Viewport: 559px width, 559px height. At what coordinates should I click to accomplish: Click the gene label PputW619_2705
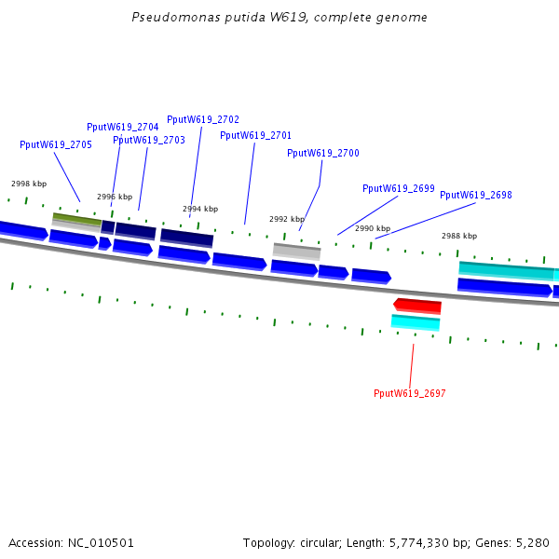pyautogui.click(x=56, y=144)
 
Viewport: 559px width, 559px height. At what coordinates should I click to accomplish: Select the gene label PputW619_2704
pyautogui.click(x=122, y=127)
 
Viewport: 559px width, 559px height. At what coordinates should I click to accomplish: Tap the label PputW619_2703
pyautogui.click(x=149, y=140)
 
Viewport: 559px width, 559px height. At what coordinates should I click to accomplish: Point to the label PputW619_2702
pyautogui.click(x=203, y=119)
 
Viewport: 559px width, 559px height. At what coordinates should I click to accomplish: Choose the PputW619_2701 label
pyautogui.click(x=255, y=135)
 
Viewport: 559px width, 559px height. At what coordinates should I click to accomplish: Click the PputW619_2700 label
pyautogui.click(x=322, y=153)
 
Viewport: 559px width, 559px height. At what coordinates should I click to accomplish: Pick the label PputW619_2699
pyautogui.click(x=398, y=188)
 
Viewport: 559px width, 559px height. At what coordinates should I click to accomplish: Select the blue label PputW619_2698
pyautogui.click(x=475, y=195)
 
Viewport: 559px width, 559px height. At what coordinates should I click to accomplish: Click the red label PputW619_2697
pyautogui.click(x=409, y=393)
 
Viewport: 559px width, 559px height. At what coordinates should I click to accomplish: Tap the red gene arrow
pyautogui.click(x=417, y=306)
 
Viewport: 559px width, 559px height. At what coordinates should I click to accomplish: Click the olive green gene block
pyautogui.click(x=76, y=220)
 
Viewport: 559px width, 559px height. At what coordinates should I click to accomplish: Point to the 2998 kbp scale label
pyautogui.click(x=29, y=184)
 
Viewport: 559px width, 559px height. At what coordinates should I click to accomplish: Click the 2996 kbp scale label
pyautogui.click(x=115, y=197)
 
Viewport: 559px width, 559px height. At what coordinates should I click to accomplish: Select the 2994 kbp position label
pyautogui.click(x=200, y=209)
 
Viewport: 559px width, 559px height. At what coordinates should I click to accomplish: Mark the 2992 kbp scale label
pyautogui.click(x=287, y=219)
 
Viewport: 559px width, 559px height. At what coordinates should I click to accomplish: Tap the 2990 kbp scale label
pyautogui.click(x=373, y=228)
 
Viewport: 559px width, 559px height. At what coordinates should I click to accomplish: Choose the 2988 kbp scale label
pyautogui.click(x=459, y=236)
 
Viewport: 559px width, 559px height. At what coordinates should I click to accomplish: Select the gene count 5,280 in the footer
pyautogui.click(x=530, y=542)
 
